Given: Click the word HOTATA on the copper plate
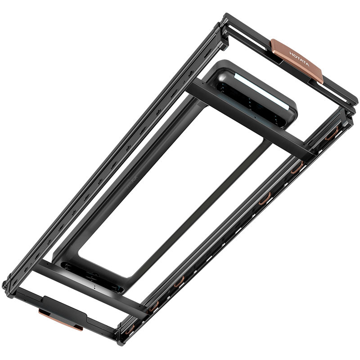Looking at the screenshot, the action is [299, 59].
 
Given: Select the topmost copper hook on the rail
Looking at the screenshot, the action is [331, 134].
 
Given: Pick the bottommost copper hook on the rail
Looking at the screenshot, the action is [130, 330].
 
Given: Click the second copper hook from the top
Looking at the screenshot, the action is [297, 167].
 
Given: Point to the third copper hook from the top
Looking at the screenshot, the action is [265, 198].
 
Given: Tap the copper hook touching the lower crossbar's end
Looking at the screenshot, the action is [153, 306].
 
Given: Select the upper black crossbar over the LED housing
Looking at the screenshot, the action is [250, 119].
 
